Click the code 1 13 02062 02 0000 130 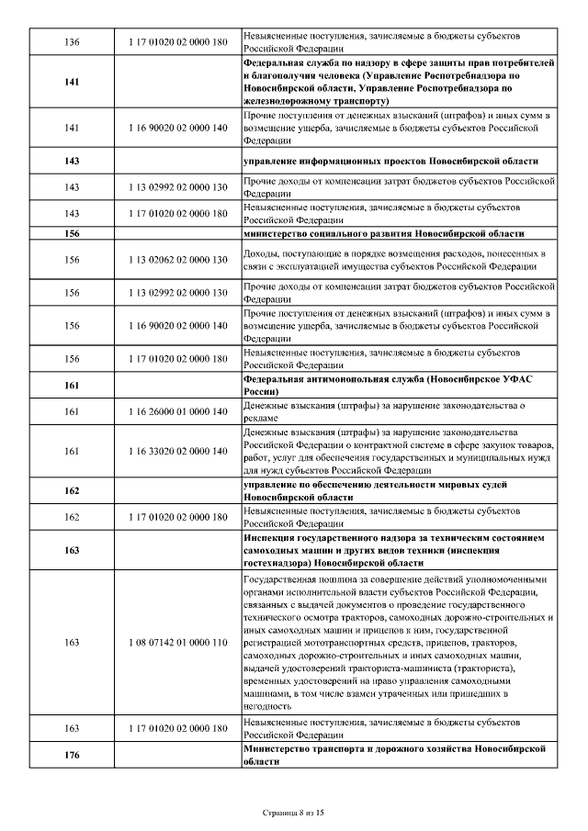point(178,260)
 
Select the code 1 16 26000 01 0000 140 point(178,411)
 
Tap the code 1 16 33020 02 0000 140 point(178,451)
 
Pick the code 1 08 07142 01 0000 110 point(178,643)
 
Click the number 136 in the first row point(73,42)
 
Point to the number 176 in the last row point(73,756)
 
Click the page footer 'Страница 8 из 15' point(293,813)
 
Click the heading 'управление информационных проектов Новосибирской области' point(390,161)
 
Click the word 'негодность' point(268,707)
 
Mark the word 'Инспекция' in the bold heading point(273,538)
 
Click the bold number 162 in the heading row point(73,490)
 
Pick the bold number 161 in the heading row point(73,386)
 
